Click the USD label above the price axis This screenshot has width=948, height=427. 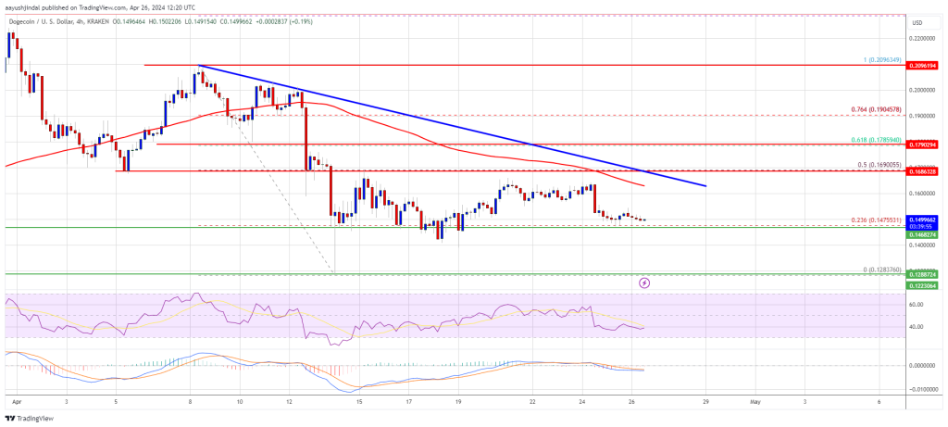pos(917,23)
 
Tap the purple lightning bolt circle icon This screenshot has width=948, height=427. pos(645,281)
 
